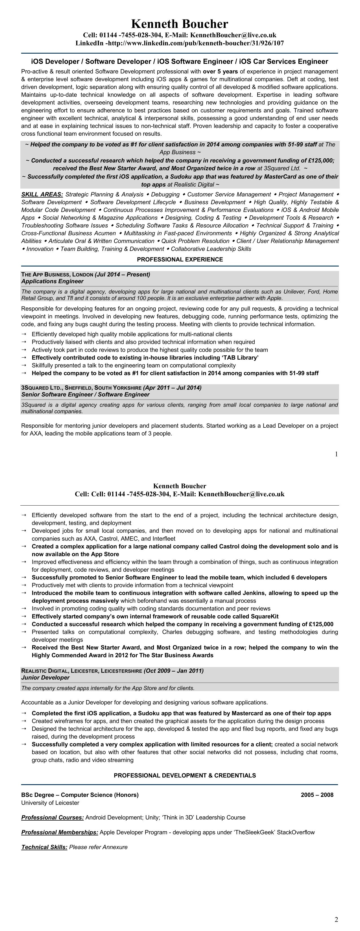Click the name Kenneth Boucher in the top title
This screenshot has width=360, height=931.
(x=180, y=24)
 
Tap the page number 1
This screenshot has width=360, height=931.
(x=336, y=454)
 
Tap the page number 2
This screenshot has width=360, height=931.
(x=336, y=920)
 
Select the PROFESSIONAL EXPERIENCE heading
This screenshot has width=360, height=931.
(x=180, y=259)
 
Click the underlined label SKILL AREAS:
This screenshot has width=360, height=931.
(x=42, y=195)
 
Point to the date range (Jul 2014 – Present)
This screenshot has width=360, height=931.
(x=122, y=275)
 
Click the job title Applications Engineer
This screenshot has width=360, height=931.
(x=53, y=281)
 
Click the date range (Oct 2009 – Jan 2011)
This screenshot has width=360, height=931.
(x=173, y=671)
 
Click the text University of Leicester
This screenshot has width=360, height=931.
(x=50, y=803)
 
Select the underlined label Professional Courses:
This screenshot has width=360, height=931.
(x=53, y=818)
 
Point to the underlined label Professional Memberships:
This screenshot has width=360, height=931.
(x=60, y=832)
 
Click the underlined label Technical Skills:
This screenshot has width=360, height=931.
(x=44, y=847)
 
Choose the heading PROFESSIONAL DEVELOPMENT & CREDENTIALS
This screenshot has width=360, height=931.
(x=185, y=775)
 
